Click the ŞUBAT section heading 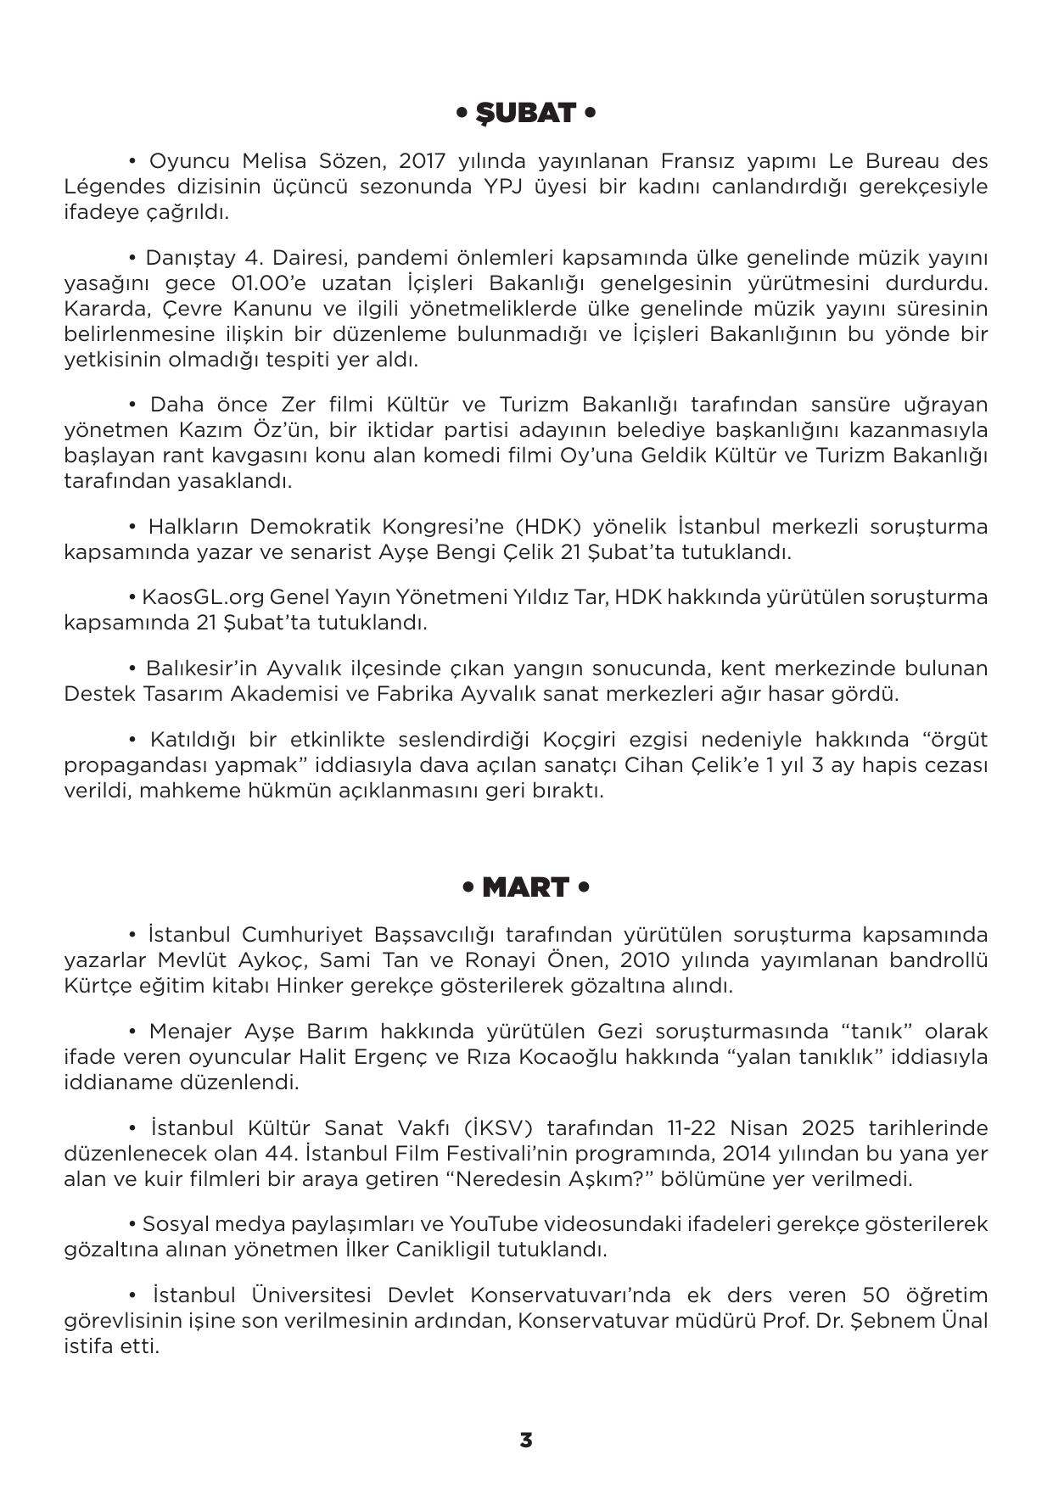click(525, 113)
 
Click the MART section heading click(525, 887)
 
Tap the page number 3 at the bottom click(526, 1440)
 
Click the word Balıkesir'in click(201, 668)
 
